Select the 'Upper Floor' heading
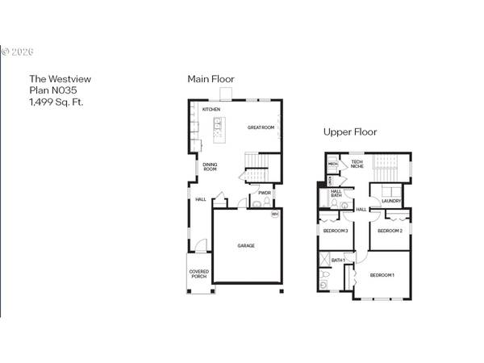[350, 131]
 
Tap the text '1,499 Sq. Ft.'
[56, 102]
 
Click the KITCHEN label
[211, 109]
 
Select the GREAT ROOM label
[261, 127]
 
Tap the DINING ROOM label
[210, 167]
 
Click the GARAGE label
[246, 245]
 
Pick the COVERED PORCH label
[199, 274]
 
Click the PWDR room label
[265, 194]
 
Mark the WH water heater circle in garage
[275, 215]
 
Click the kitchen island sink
[218, 126]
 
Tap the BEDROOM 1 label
[382, 276]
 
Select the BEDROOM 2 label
[390, 231]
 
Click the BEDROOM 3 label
[335, 231]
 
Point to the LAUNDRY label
[391, 201]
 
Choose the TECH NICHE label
[357, 165]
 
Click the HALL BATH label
[336, 194]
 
